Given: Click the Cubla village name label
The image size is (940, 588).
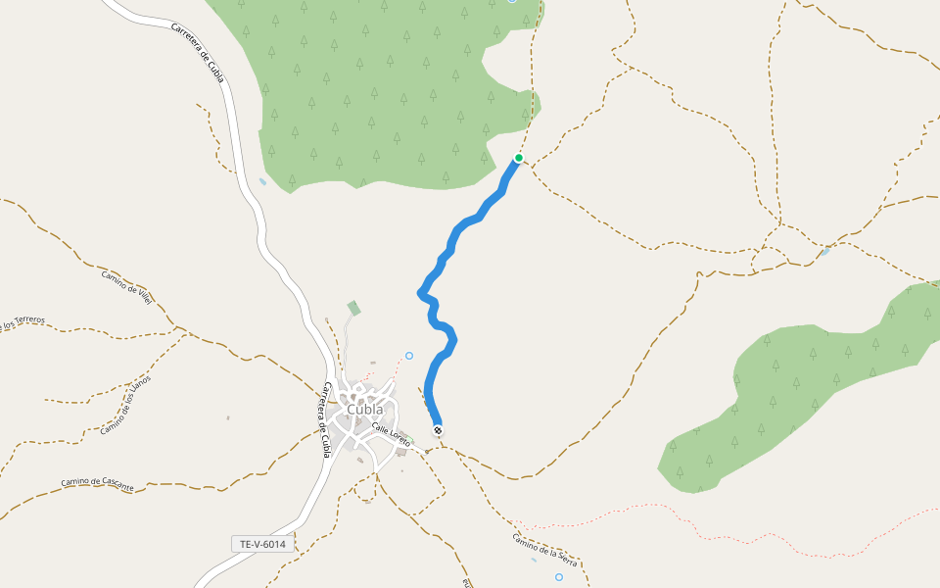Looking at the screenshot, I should coord(364,409).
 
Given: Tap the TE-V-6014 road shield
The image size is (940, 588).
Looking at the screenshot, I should coord(262,543).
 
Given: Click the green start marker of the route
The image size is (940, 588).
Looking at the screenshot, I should coord(519,158).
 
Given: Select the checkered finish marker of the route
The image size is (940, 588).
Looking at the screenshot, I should coord(438,430).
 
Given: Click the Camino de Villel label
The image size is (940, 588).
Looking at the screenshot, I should coord(127,287).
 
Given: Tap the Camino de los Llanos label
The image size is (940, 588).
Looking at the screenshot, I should coord(126,405).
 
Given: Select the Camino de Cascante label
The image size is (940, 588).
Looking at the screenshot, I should coord(96,481).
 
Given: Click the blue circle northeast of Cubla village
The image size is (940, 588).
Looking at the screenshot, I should coord(409,355).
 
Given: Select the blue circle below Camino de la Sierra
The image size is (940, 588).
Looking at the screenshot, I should coord(559,577).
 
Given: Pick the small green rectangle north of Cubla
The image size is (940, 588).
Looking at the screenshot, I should coord(353,309).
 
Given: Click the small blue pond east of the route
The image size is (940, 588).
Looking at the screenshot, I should coord(825,252).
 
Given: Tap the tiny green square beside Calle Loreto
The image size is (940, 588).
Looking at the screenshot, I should coord(408,438).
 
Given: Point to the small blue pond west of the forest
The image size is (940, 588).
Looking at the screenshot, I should coord(262,181).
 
